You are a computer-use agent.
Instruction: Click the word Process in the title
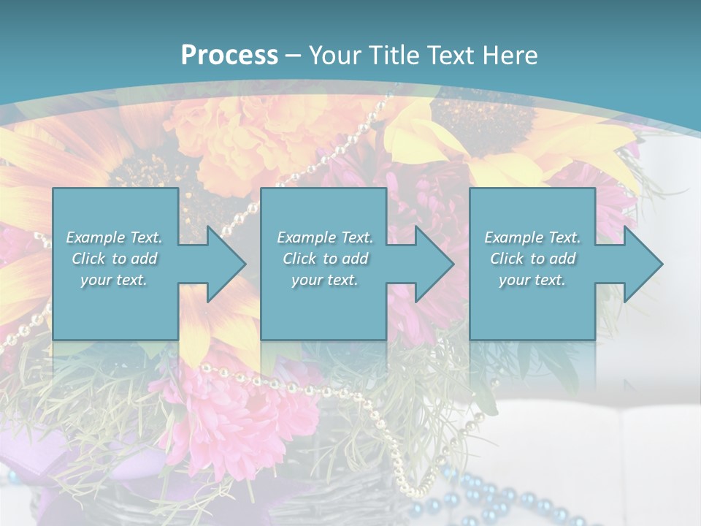tap(229, 55)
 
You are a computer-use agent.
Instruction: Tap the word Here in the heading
tap(509, 55)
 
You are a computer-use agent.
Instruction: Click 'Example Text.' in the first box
tap(115, 237)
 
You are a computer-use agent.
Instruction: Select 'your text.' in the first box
tap(115, 280)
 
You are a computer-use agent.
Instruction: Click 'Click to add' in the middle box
tap(325, 259)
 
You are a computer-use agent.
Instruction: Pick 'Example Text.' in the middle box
tap(325, 237)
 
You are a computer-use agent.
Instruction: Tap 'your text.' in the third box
tap(532, 280)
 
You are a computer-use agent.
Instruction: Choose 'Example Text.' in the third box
tap(532, 237)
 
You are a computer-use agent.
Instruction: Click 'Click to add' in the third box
tap(532, 259)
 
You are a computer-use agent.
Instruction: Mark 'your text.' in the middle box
tap(325, 280)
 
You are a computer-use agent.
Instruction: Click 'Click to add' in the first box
tap(115, 259)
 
